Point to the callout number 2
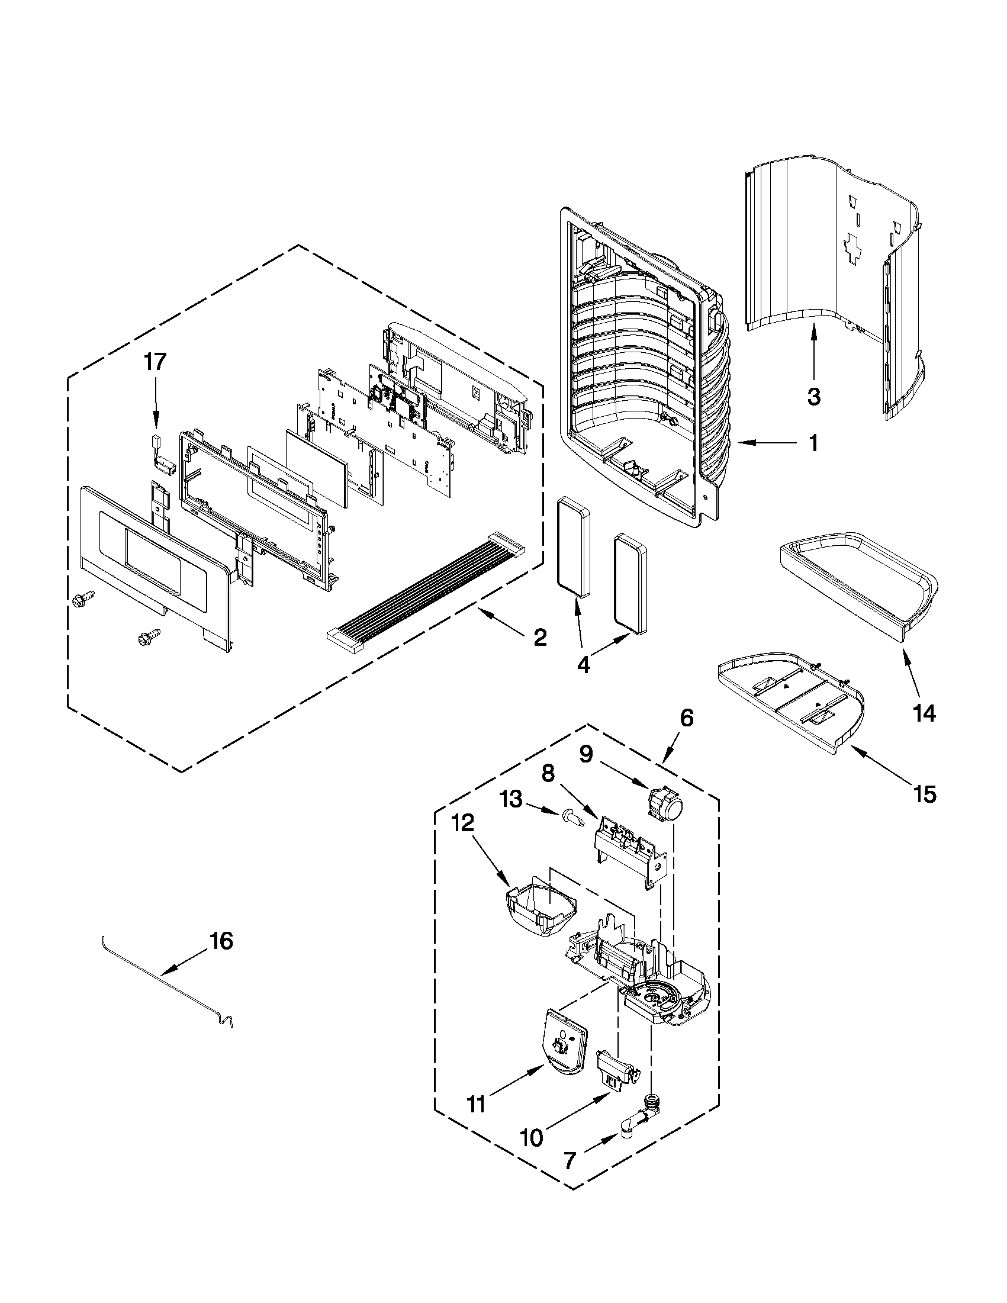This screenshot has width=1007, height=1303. coord(539,638)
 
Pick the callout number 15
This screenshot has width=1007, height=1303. coord(925,794)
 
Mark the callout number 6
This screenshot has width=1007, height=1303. coord(686,718)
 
